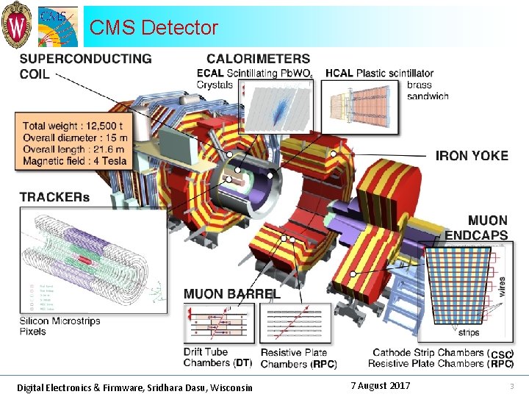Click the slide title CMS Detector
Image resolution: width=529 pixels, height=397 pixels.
coord(154,28)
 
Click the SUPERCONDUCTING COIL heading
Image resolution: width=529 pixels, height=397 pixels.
coord(85,65)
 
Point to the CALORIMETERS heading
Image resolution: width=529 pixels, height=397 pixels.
coord(258,58)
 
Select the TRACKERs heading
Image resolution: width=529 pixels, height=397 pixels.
coord(54,197)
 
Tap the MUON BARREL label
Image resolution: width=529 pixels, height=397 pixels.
coord(231,293)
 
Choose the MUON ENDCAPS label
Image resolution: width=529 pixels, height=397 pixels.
coord(477,227)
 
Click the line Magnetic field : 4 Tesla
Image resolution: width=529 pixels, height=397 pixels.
coord(75,161)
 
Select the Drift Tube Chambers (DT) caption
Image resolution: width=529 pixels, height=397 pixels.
coord(217,357)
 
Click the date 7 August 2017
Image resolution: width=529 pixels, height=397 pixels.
coord(380,386)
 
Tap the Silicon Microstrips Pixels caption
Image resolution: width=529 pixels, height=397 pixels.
coord(60,326)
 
